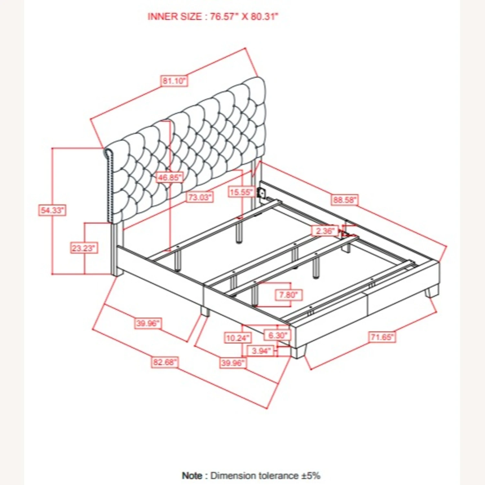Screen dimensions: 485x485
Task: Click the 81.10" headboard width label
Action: click(x=174, y=81)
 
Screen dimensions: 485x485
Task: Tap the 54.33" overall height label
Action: click(x=52, y=210)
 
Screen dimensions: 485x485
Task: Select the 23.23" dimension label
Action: click(x=84, y=248)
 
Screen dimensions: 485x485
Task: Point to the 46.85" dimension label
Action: click(x=169, y=178)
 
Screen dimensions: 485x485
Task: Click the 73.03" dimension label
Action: click(x=200, y=197)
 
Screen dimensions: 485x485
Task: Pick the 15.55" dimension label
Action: click(x=241, y=192)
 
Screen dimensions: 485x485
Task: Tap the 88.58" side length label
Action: click(x=345, y=200)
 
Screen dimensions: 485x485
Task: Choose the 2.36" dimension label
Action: click(x=325, y=231)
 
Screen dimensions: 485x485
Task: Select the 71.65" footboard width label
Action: click(x=382, y=337)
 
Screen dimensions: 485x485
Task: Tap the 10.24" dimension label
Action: click(x=238, y=338)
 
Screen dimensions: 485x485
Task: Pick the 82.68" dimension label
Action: click(x=165, y=362)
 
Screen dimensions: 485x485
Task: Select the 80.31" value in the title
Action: click(x=264, y=16)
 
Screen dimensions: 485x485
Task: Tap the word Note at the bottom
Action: click(x=192, y=476)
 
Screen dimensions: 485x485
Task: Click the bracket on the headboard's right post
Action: click(x=261, y=193)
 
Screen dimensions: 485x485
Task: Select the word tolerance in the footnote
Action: click(x=278, y=476)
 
